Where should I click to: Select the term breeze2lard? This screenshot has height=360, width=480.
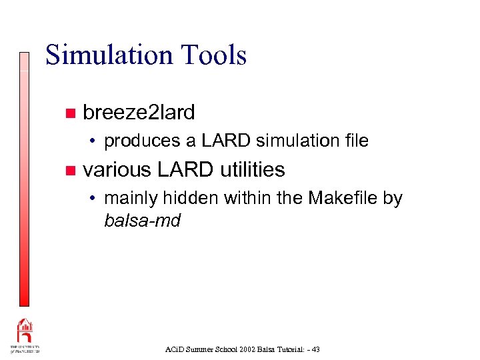(x=139, y=113)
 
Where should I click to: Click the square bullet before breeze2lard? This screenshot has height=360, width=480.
(x=70, y=113)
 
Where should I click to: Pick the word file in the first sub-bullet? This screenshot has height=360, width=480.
(x=354, y=141)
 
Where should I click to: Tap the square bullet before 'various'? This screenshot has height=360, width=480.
(x=70, y=171)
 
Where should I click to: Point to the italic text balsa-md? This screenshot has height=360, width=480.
(x=143, y=221)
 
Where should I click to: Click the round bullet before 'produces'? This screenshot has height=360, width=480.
(x=96, y=141)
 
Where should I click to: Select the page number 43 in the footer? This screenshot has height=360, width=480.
(x=315, y=349)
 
